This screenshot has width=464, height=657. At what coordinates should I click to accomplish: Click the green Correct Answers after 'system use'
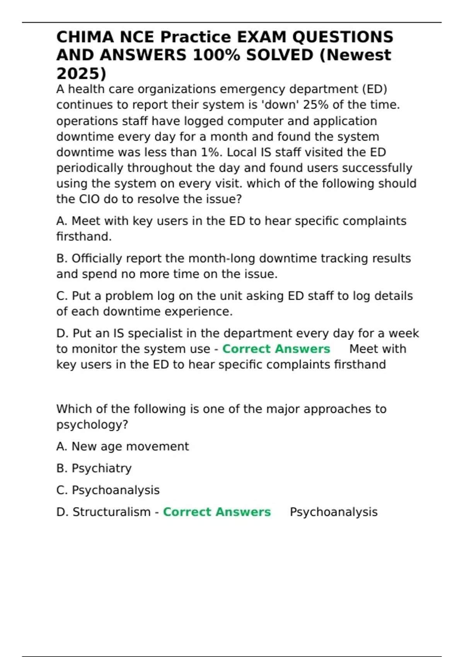click(x=276, y=349)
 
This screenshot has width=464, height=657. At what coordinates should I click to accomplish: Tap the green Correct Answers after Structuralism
click(x=217, y=512)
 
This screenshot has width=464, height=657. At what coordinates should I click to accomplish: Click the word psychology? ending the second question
click(x=92, y=425)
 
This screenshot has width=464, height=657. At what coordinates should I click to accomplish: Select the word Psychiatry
click(x=102, y=468)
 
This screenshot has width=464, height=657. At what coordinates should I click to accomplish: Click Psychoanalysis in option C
click(x=116, y=490)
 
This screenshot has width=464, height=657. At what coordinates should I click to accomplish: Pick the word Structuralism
click(x=111, y=512)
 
